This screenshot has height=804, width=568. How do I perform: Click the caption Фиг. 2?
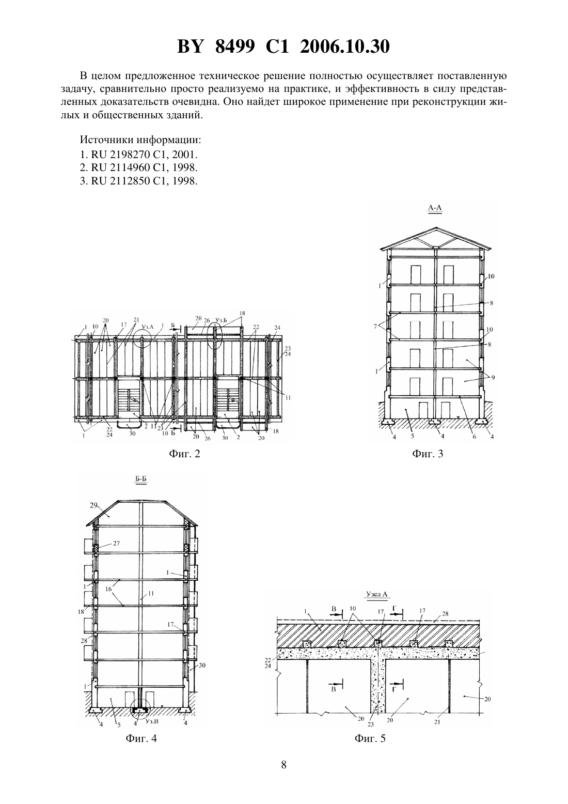pos(184,454)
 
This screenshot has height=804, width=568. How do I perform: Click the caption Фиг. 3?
pos(428,454)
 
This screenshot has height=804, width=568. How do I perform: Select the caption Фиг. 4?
pos(141,738)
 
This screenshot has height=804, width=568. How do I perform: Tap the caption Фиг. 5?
pos(370,738)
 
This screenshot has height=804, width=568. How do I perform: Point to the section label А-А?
pos(435,208)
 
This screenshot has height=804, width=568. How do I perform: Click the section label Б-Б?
pos(141,479)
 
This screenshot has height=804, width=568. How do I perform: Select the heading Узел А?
pos(377,594)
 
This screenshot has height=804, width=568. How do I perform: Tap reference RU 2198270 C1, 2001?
pos(139,154)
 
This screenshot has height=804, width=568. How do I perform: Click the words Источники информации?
pos(140,140)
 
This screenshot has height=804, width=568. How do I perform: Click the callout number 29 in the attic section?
pos(93,505)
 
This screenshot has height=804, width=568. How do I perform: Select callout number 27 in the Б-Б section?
pos(116,544)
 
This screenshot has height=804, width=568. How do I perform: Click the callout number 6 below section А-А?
pos(474,437)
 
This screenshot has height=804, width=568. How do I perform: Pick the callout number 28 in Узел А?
pos(445,614)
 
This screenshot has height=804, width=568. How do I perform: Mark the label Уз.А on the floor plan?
pos(147,326)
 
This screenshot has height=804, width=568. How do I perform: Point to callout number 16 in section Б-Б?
pos(108,589)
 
